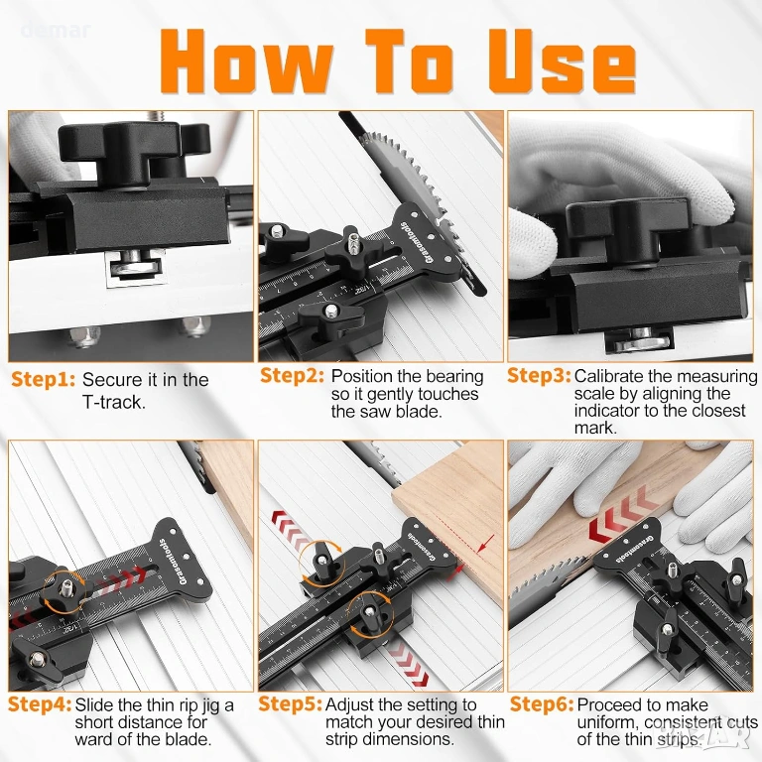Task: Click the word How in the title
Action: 246,62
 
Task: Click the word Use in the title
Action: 562,62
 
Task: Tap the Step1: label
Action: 44,380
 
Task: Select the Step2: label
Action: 292,376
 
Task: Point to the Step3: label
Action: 539,376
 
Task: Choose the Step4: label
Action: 40,704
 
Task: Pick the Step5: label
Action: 290,704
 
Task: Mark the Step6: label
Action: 542,704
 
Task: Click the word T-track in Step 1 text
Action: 114,403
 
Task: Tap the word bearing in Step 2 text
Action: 452,377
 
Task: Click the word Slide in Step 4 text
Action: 94,704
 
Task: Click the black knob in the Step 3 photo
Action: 627,228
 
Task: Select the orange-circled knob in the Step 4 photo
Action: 64,590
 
